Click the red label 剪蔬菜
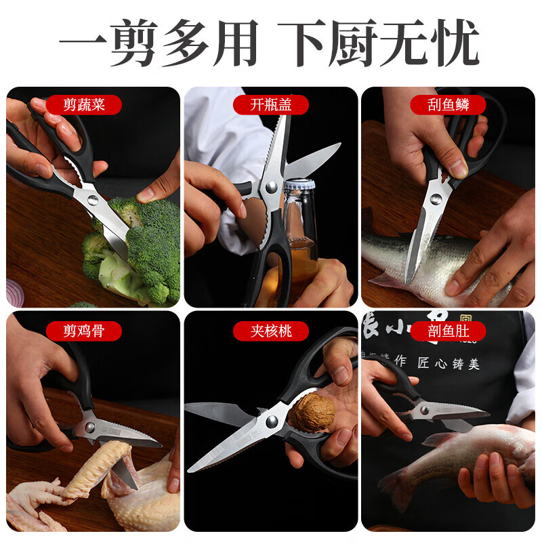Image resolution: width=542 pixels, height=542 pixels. click(85, 105)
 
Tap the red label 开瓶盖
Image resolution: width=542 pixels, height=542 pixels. click(270, 105)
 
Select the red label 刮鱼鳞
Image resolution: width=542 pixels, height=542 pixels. click(449, 105)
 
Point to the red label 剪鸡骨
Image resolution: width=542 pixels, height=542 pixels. click(85, 331)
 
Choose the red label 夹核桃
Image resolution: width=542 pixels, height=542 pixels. click(270, 331)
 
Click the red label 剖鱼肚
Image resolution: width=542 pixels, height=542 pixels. click(449, 331)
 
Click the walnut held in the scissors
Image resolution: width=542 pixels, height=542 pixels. click(314, 409)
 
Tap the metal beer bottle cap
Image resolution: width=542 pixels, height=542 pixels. click(299, 186)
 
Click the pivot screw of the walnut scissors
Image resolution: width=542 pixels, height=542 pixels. click(272, 421)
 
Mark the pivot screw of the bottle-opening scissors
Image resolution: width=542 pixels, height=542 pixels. click(271, 187)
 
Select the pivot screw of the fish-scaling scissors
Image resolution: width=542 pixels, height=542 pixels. click(434, 199)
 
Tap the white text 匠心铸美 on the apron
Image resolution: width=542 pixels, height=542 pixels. click(447, 364)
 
